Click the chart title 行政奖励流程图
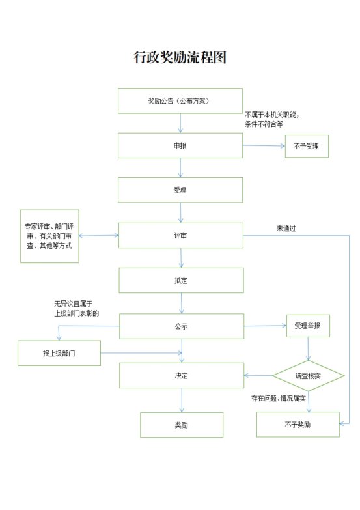click(180, 57)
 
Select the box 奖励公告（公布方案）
click(180, 101)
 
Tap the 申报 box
click(180, 145)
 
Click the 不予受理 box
click(307, 146)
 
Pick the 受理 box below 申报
click(180, 190)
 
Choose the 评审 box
click(181, 236)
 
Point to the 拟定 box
click(181, 280)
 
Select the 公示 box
click(182, 326)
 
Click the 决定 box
click(182, 376)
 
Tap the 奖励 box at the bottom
click(182, 425)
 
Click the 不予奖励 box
click(298, 425)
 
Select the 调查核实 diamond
click(308, 376)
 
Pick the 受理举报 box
click(308, 326)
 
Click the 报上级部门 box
click(59, 353)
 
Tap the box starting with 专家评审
click(49, 236)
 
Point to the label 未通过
click(286, 229)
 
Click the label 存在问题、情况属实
click(279, 398)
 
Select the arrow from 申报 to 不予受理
click(264, 146)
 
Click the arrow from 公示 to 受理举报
click(265, 326)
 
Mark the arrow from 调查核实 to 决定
click(258, 376)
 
